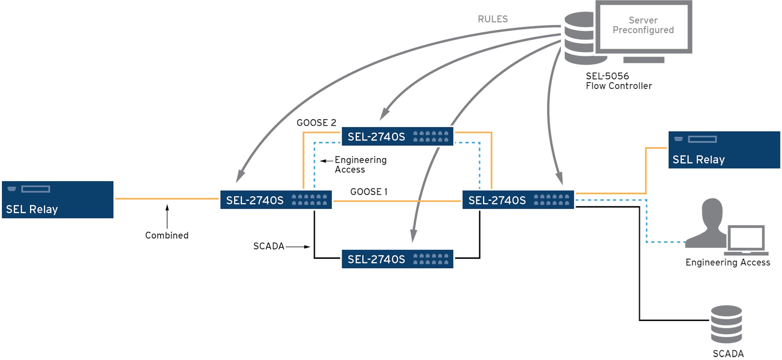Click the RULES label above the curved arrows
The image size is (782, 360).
tap(492, 19)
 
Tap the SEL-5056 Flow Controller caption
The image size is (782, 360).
tap(618, 81)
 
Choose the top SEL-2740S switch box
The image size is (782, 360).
tap(397, 137)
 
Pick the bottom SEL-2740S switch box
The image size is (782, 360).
tap(397, 259)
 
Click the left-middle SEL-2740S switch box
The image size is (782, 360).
tap(276, 200)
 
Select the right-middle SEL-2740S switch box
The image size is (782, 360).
tap(518, 200)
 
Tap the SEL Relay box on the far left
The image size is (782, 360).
tap(57, 200)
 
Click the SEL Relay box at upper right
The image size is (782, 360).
tap(724, 150)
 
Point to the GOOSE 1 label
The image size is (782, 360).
tap(369, 192)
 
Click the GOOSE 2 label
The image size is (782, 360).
tap(316, 123)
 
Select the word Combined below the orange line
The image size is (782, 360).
tap(167, 236)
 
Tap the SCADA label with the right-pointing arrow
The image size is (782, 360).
tap(268, 246)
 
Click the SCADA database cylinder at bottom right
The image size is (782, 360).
tap(726, 324)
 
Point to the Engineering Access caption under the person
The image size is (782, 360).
tap(727, 262)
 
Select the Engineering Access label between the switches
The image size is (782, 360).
tap(360, 165)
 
